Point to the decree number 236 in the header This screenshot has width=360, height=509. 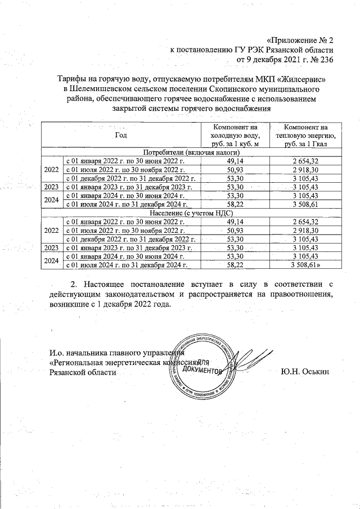coord(327,60)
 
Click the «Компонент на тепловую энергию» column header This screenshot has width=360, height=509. coord(307,136)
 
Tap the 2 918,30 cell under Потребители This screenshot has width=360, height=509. coord(307,169)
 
